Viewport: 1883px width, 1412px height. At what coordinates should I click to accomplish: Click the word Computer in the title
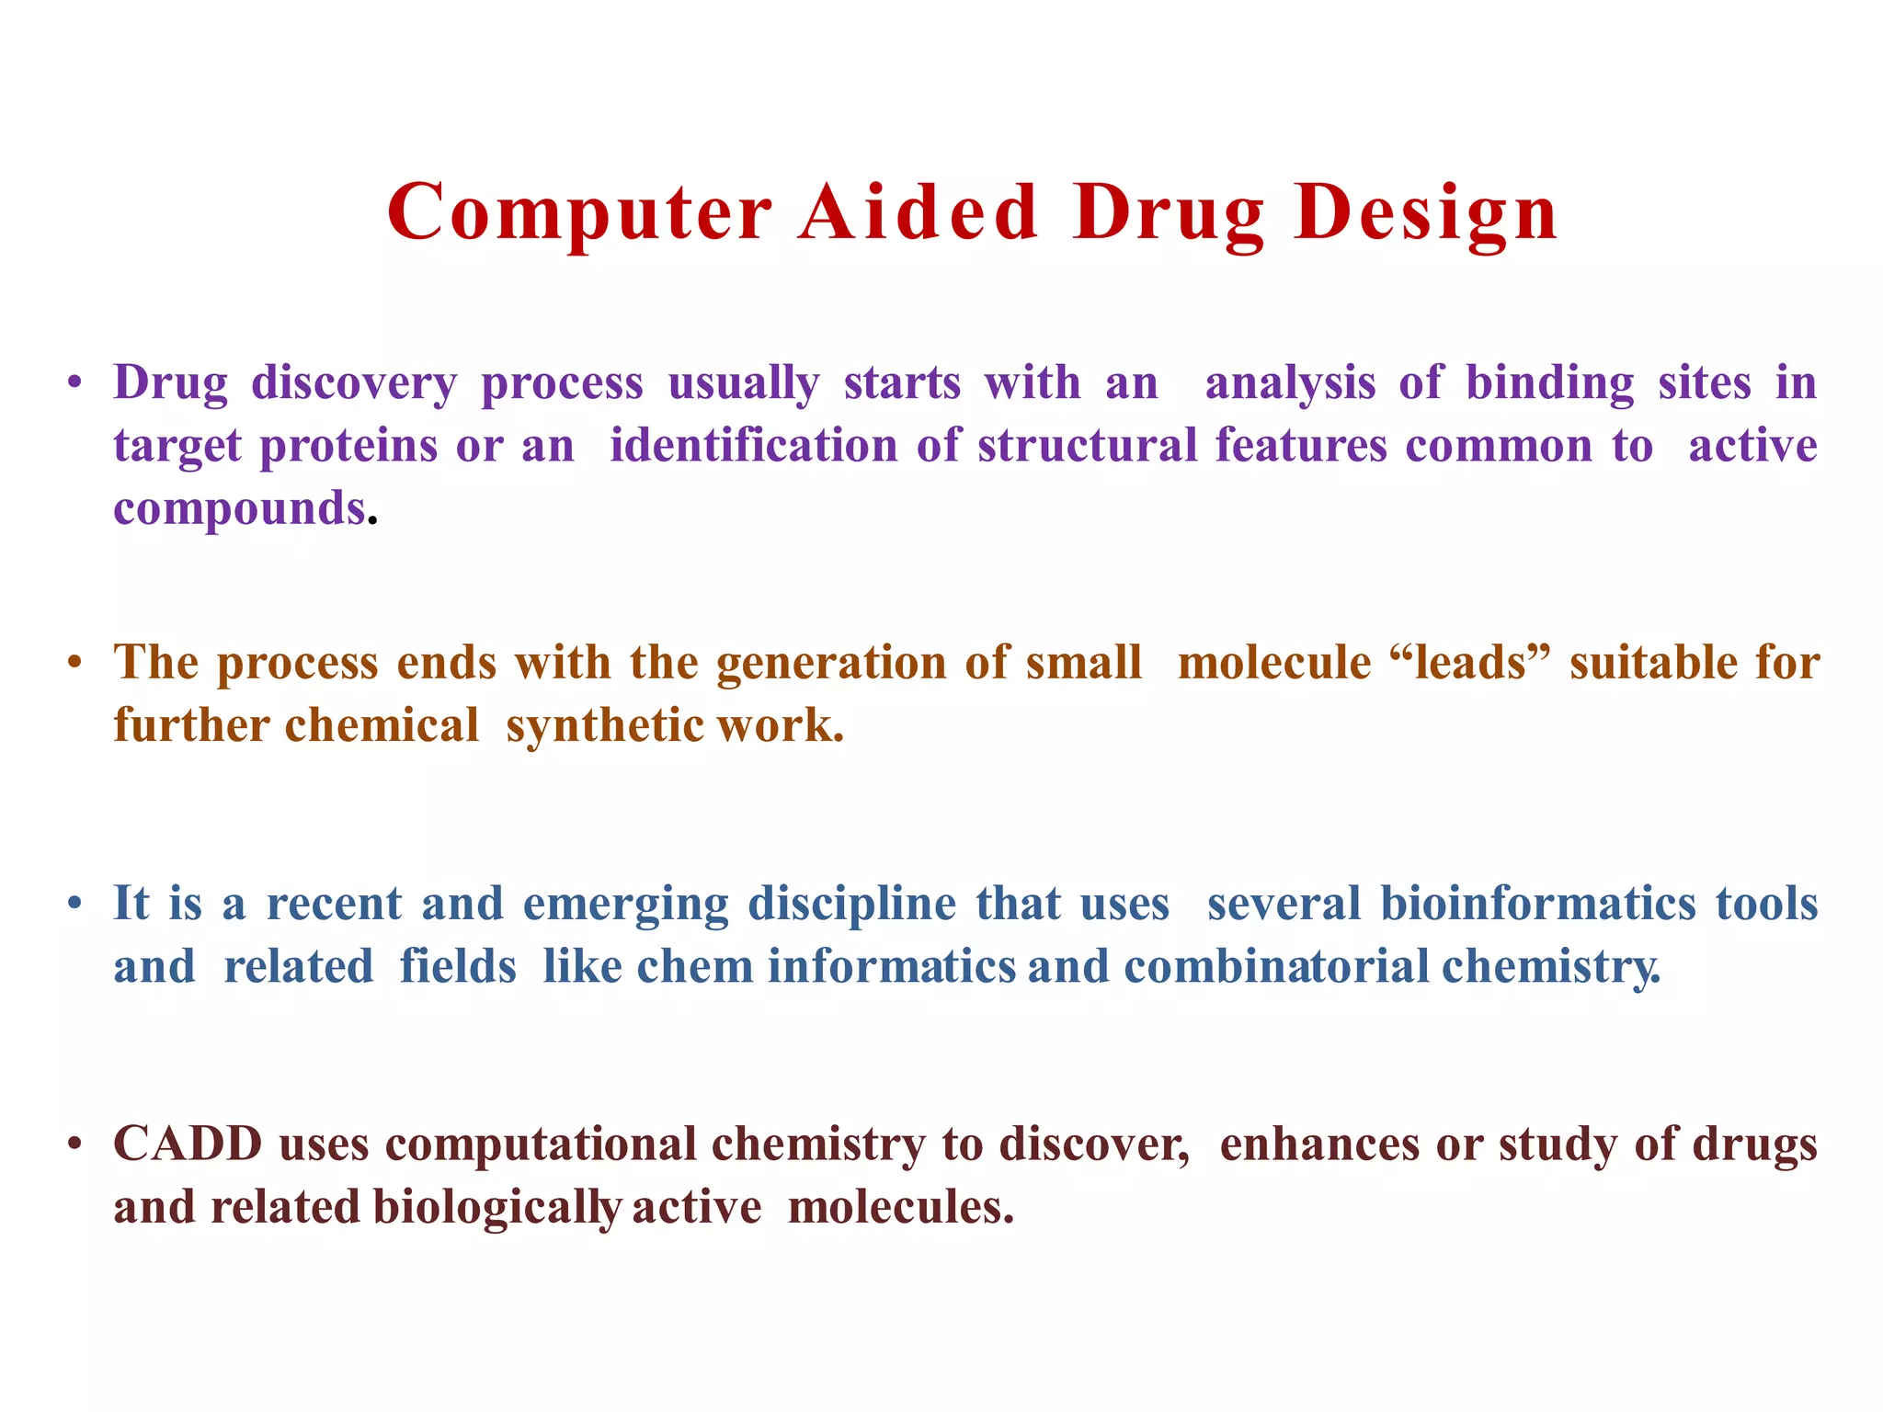coord(579,213)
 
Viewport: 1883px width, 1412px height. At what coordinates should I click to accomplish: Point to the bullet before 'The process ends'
coord(76,663)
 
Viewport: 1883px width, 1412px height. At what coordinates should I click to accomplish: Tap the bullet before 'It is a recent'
coord(76,904)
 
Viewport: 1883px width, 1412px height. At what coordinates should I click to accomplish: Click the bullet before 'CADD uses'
coord(76,1145)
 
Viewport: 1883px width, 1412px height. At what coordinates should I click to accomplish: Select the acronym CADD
coord(188,1144)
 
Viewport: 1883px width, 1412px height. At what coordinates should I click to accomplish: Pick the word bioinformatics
coord(1538,903)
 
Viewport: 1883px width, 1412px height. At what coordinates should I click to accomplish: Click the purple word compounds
coord(239,508)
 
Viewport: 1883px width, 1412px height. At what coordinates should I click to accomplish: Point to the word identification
coord(754,446)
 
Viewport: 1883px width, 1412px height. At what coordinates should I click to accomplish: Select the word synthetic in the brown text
coord(605,725)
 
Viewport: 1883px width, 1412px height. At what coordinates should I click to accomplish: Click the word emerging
coord(625,905)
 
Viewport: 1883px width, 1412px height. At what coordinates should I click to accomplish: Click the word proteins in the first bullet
coord(348,447)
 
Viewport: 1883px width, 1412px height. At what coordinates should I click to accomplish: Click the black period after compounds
coord(372,522)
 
